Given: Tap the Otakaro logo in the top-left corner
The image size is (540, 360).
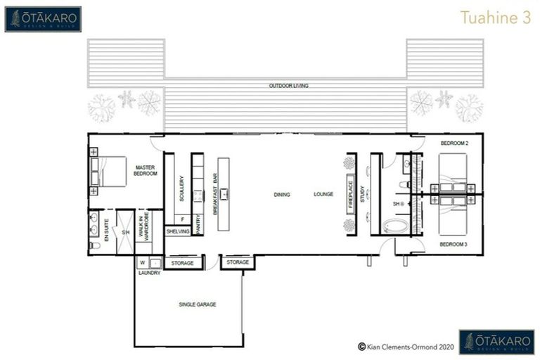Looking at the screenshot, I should tap(43, 19).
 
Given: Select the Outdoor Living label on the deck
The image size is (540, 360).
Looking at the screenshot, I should tap(288, 86).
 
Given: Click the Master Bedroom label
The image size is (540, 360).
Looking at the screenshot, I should tap(145, 170).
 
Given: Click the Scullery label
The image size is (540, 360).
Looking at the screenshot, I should tap(181, 189).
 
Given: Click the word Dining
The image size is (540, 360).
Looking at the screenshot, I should tap(282, 195).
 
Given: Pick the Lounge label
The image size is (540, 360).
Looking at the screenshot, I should tap(323, 195).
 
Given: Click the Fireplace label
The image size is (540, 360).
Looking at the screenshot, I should tap(350, 195).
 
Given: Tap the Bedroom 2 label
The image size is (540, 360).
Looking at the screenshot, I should tap(454, 143).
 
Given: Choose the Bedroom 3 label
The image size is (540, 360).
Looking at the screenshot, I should tap(454, 244).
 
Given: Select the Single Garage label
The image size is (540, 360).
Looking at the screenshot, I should tap(197, 304).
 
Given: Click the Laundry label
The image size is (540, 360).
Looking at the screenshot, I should tap(149, 273).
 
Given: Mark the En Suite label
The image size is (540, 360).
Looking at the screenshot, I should tap(106, 231).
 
